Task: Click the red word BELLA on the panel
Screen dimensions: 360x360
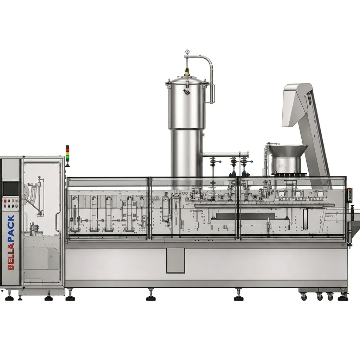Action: (11, 256)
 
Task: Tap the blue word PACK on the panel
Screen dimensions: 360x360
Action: (11, 229)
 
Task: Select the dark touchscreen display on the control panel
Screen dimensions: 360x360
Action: (11, 188)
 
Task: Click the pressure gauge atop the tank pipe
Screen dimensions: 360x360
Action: (188, 52)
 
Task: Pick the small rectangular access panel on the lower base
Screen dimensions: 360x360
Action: (175, 261)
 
